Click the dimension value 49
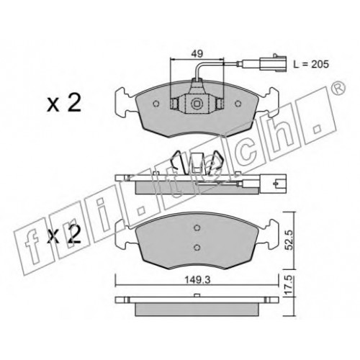pos(197,54)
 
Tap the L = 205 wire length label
pos(311,64)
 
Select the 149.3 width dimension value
pos(197,280)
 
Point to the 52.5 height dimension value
pos(289,240)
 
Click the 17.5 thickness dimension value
pos(289,285)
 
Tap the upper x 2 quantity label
pos(64,103)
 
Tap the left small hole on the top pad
pos(156,104)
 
